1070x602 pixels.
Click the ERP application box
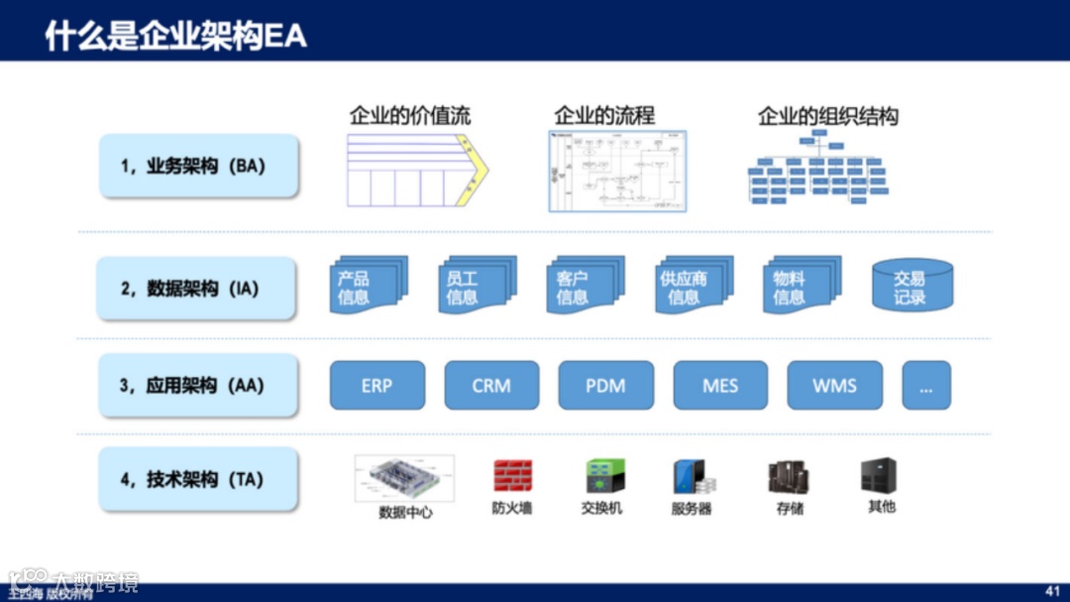376,386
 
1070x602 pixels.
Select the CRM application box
491,386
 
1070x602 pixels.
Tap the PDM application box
605,386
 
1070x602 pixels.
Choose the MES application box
720,386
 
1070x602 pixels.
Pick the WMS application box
834,386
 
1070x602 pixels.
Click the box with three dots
926,386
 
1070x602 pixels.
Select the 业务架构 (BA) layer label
198,167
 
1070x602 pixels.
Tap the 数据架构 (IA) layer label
198,289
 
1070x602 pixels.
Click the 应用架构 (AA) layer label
198,385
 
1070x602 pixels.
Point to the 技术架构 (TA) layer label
198,479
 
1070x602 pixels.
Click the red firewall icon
513,477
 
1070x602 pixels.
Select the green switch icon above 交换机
603,477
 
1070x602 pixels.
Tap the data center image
404,479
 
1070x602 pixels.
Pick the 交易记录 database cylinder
911,287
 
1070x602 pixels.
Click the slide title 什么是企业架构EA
176,36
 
